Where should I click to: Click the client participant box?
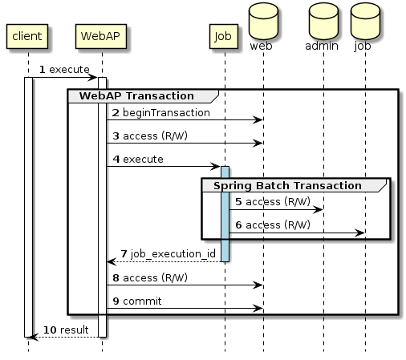point(27,36)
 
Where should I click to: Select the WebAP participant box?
point(102,36)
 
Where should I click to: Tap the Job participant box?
point(224,36)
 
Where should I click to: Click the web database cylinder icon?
point(263,22)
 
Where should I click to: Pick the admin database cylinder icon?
point(323,22)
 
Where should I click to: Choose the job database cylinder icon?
point(364,22)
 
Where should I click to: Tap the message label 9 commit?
point(136,301)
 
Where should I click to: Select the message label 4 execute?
point(137,160)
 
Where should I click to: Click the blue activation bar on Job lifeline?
point(225,212)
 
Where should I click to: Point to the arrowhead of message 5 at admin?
point(319,209)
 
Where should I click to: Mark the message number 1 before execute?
point(43,70)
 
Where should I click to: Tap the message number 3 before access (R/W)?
point(116,136)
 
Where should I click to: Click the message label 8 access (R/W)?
point(150,277)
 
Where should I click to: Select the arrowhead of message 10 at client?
point(33,337)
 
